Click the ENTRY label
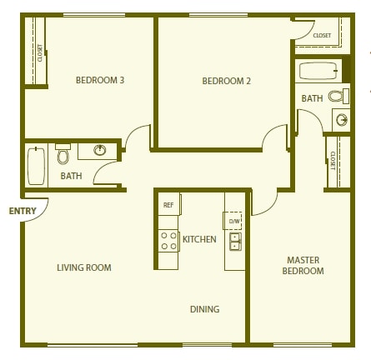[23, 211]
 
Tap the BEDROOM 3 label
[100, 81]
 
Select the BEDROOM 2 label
[226, 81]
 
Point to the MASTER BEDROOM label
[303, 266]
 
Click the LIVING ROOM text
[84, 267]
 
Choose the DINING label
[204, 309]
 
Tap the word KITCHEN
[200, 240]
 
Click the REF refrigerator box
[168, 204]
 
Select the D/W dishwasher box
[234, 220]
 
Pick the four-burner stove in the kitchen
[168, 241]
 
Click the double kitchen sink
[235, 242]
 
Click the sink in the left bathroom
[99, 151]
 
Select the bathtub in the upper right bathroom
[318, 70]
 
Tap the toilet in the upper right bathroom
[338, 97]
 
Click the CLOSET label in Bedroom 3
[39, 52]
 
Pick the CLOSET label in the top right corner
[322, 35]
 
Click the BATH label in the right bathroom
[312, 98]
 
